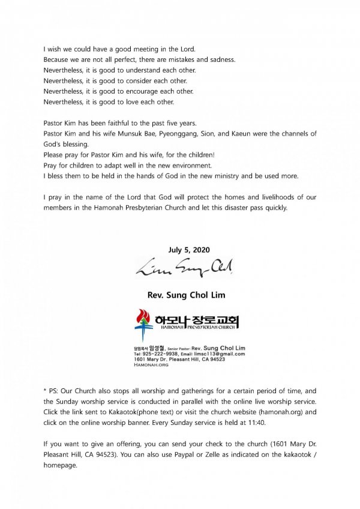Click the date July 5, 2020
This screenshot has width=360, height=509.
pos(180,250)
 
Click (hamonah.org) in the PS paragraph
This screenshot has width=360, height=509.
pos(278,412)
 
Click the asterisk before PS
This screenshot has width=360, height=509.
pos(46,390)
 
